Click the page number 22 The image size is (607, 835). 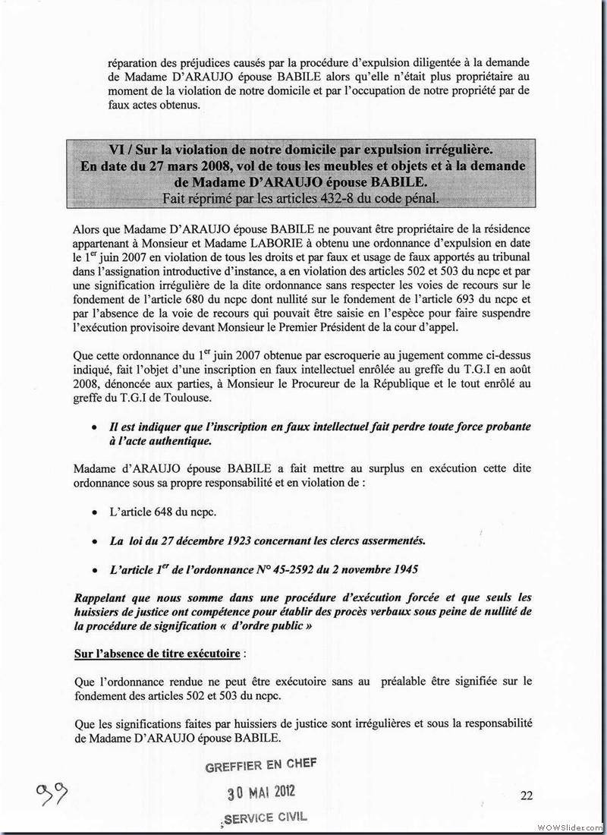click(x=527, y=796)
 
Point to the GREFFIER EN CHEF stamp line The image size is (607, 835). click(x=261, y=766)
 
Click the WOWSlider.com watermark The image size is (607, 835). click(x=569, y=827)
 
